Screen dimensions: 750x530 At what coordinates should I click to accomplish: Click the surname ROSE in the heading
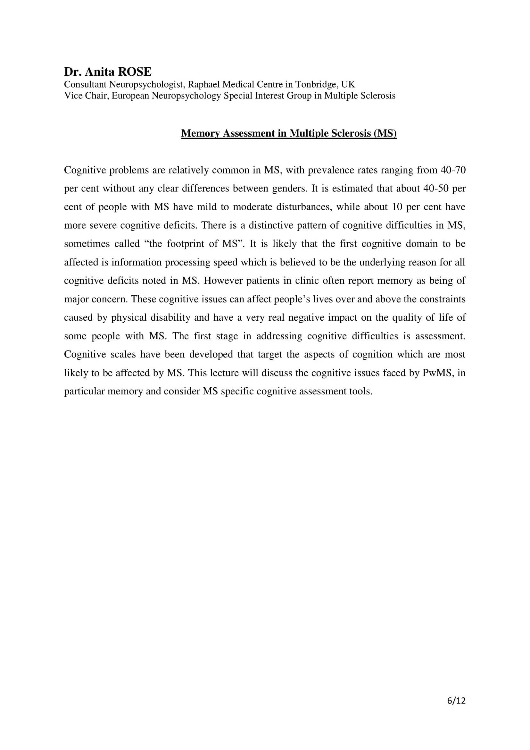pyautogui.click(x=135, y=72)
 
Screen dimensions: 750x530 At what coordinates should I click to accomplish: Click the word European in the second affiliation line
pyautogui.click(x=130, y=95)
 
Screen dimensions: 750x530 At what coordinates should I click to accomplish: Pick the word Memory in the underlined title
pyautogui.click(x=200, y=133)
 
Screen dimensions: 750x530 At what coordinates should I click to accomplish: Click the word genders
pyautogui.click(x=289, y=189)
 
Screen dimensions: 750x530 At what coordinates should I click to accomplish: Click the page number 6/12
pyautogui.click(x=456, y=700)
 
